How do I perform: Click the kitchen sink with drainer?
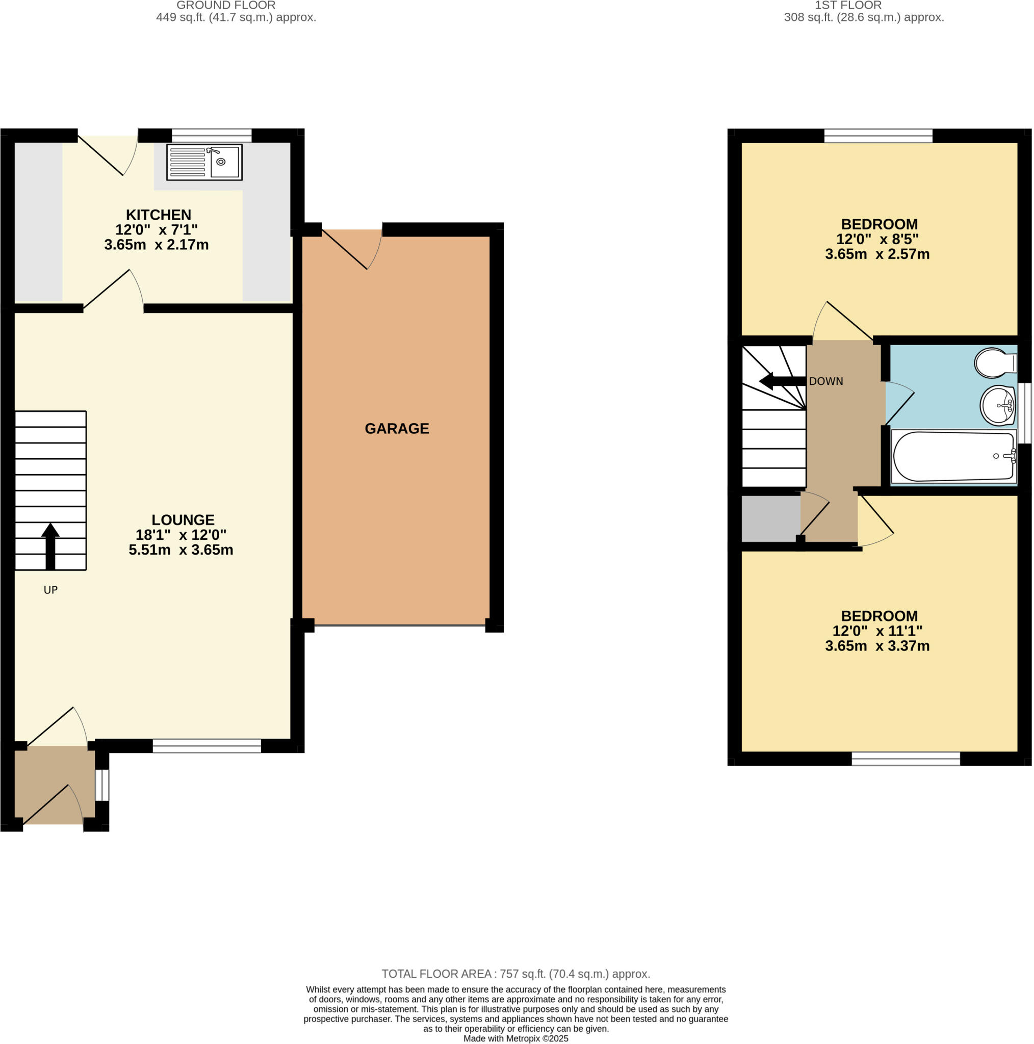[x=204, y=162]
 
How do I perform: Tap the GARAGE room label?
[x=397, y=429]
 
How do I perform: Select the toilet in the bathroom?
[x=993, y=363]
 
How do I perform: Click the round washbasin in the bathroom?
[x=997, y=405]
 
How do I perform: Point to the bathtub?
[x=953, y=456]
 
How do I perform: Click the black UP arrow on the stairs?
[x=50, y=545]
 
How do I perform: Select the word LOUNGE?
[x=183, y=520]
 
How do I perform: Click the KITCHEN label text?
[x=159, y=215]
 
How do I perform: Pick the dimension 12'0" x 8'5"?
[x=877, y=239]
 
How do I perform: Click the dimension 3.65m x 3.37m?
[x=877, y=646]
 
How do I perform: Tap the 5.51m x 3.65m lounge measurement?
[x=181, y=550]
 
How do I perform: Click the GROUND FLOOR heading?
[x=226, y=6]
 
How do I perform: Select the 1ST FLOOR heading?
[x=863, y=6]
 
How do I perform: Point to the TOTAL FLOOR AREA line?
[x=515, y=974]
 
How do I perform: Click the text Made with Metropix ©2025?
[x=515, y=1038]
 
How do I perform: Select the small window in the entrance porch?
[x=102, y=785]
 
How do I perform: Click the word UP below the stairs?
[x=50, y=590]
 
